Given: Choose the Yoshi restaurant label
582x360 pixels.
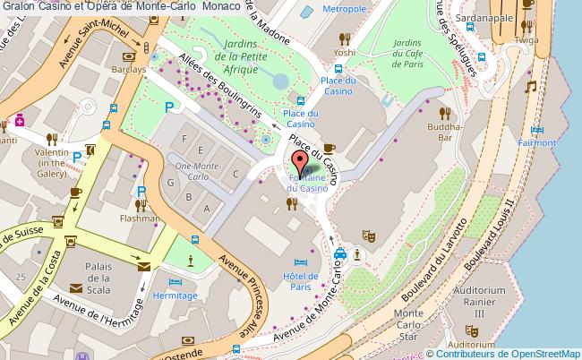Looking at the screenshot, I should tap(346, 52).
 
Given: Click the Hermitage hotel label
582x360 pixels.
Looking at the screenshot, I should tap(174, 294).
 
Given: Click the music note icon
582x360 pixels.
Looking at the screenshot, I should tap(530, 87).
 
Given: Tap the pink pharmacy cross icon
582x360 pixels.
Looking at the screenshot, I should tap(19, 119).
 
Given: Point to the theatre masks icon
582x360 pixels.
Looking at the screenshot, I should tap(366, 236).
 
